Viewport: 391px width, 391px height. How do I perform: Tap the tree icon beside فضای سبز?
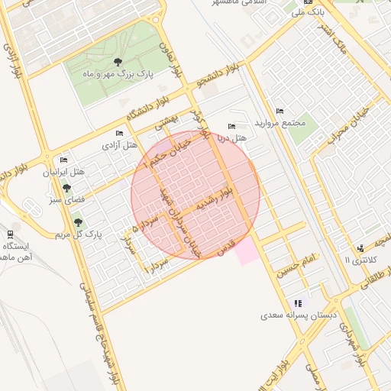click(x=67, y=188)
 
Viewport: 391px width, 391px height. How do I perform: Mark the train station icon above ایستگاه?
click(x=10, y=234)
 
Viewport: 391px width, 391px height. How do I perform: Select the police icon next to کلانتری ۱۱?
click(x=360, y=248)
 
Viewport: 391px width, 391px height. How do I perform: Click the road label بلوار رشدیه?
click(x=212, y=197)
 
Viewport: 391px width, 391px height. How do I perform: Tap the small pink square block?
click(x=245, y=250)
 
